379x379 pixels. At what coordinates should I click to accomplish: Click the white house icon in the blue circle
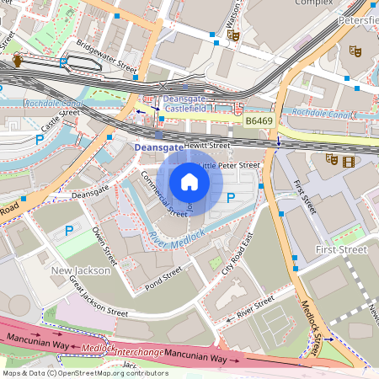(189, 182)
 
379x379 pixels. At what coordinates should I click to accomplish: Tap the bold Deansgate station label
(157, 147)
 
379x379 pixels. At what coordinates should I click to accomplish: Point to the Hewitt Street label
(206, 146)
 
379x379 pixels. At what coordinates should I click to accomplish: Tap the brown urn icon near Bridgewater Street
(18, 61)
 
